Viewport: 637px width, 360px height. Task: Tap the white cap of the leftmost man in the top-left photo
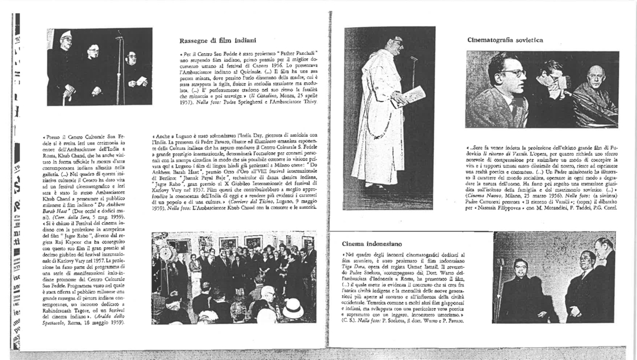[66, 34]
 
